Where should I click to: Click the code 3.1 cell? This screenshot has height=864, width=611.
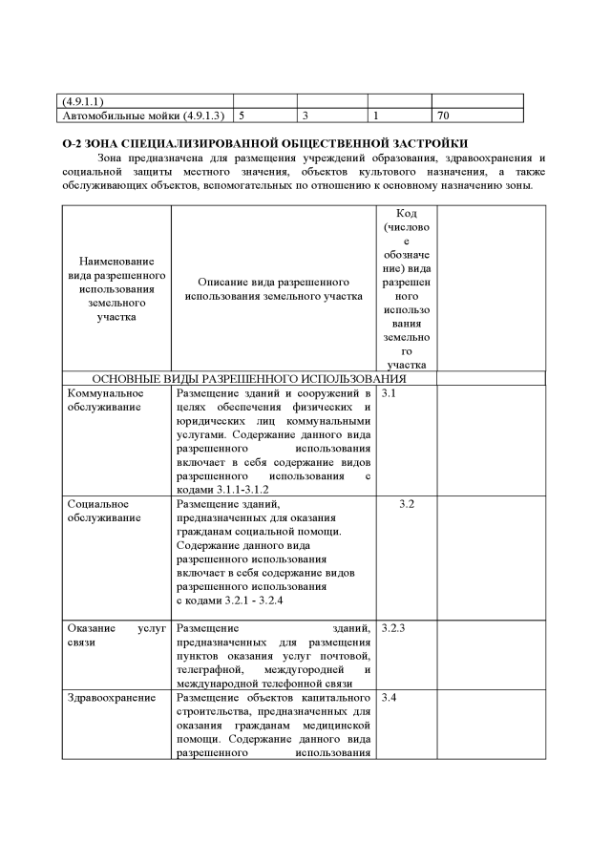point(388,393)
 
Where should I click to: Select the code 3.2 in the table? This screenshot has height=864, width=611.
point(406,503)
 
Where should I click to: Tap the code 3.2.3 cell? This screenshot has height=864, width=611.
point(393,628)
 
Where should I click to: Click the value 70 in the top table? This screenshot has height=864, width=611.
point(443,116)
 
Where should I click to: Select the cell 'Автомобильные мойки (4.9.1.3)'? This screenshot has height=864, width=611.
point(143,116)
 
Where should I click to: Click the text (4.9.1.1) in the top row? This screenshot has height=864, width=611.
point(83,100)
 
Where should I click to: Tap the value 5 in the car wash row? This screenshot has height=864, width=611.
point(242,116)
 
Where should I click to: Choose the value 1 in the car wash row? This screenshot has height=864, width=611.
point(376,116)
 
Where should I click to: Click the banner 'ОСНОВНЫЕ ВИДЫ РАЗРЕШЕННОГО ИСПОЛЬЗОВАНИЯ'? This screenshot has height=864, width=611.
point(249,378)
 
